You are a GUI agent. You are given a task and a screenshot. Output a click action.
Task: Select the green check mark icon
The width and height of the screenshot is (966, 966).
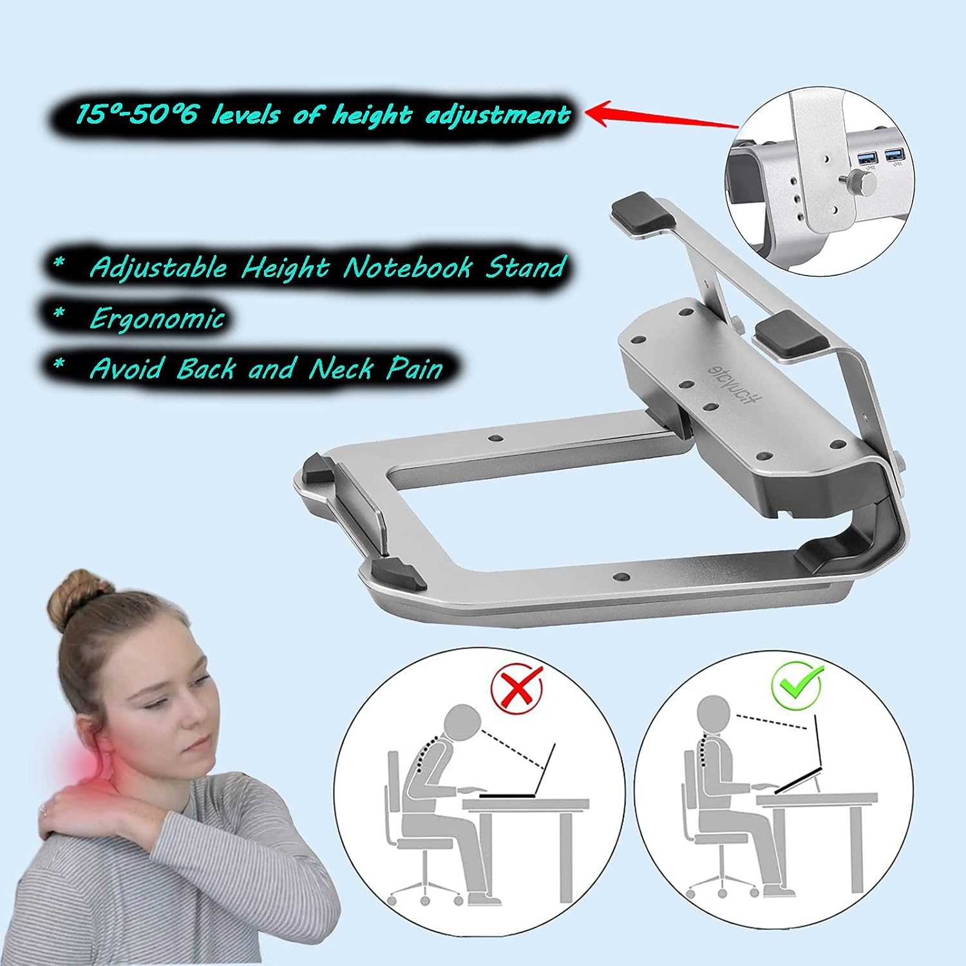(x=797, y=683)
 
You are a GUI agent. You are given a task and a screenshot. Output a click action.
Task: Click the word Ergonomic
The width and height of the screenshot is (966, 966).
(x=157, y=318)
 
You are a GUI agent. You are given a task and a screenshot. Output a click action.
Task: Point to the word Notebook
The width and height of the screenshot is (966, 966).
(x=407, y=267)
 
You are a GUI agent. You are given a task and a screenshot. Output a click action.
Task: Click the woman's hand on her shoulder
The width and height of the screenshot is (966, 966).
(x=71, y=805)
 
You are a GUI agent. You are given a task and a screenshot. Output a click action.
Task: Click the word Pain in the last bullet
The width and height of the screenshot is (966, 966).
(x=415, y=368)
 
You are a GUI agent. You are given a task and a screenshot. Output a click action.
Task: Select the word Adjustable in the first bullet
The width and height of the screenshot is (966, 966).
(x=158, y=267)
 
